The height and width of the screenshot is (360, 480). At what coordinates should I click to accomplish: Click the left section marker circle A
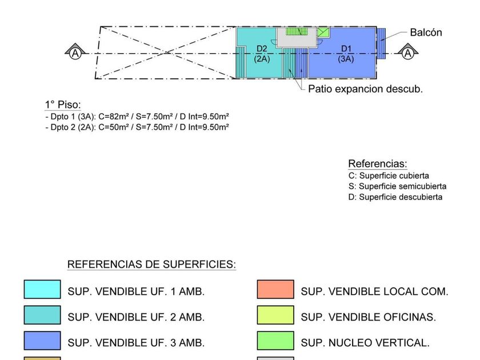tap(75, 54)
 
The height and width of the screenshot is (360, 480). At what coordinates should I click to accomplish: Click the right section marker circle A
tap(408, 54)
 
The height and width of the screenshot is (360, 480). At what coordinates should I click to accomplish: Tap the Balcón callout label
tap(426, 33)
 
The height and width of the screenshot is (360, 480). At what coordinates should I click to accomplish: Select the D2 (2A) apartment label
tap(262, 54)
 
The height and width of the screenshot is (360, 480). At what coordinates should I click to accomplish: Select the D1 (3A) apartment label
tap(346, 54)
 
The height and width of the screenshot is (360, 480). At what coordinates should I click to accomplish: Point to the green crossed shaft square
tap(323, 33)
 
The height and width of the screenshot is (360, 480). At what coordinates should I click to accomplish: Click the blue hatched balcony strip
tap(381, 43)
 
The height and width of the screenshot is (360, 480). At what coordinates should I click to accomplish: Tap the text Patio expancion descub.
tap(365, 89)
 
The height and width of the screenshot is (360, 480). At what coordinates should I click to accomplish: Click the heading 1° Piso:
tap(63, 105)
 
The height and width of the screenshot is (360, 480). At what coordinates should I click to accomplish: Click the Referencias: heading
tap(378, 163)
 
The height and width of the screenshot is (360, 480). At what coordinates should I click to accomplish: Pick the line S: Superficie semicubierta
tap(397, 186)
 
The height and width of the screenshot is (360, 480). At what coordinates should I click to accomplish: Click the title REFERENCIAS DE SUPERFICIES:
tap(151, 264)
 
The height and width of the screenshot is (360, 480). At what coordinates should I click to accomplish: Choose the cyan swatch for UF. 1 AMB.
tap(42, 289)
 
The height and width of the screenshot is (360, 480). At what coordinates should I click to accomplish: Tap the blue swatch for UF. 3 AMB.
tap(42, 341)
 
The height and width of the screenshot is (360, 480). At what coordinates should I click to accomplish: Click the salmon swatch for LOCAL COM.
tap(275, 289)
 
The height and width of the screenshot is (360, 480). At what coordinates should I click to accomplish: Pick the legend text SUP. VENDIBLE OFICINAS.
tap(368, 317)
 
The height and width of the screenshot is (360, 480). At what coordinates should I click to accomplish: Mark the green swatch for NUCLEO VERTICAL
tap(275, 341)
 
